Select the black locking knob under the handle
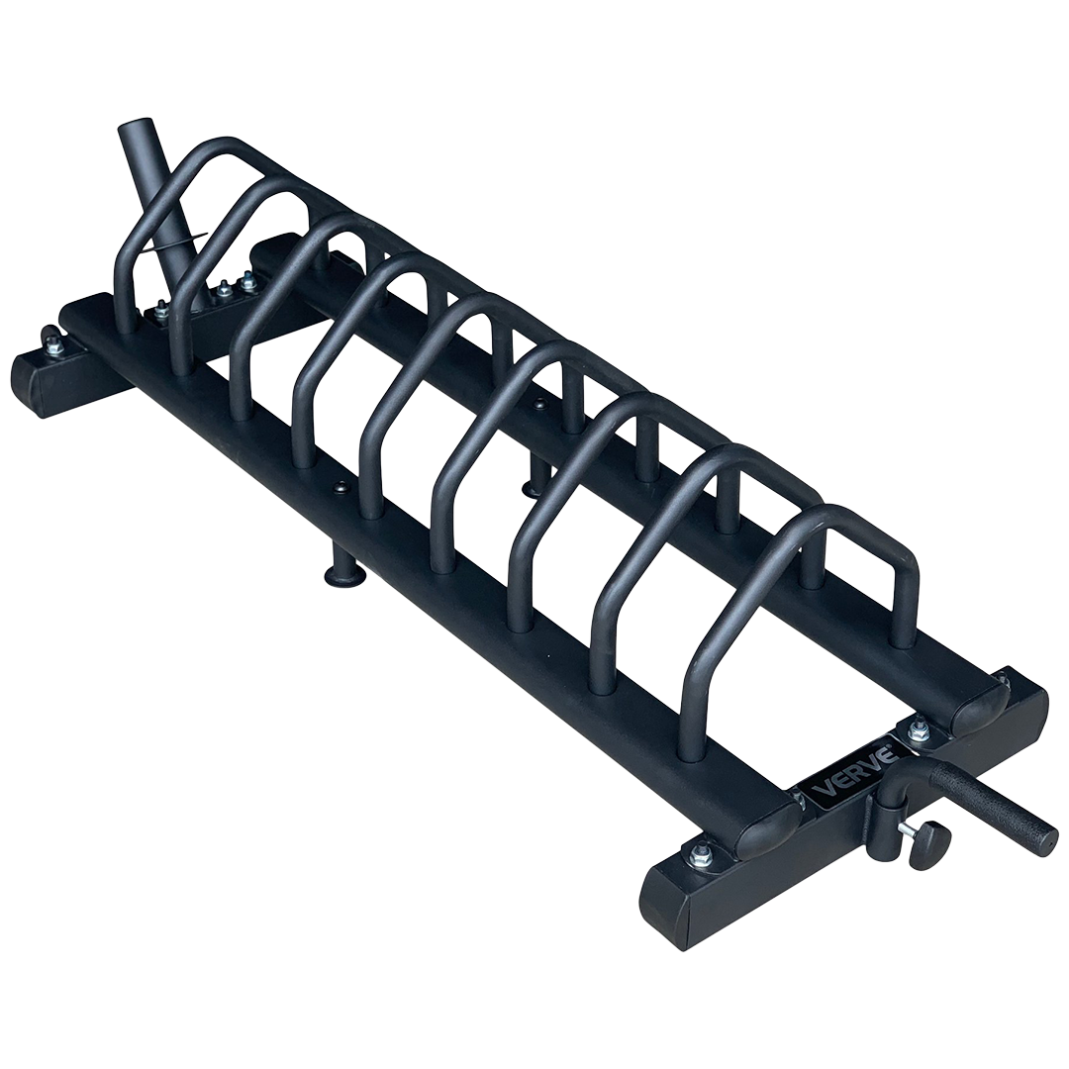point(929,845)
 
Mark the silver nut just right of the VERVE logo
point(918,729)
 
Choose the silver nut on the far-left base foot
point(51,342)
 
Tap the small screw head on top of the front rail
point(341,486)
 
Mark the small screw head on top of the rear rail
point(538,404)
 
